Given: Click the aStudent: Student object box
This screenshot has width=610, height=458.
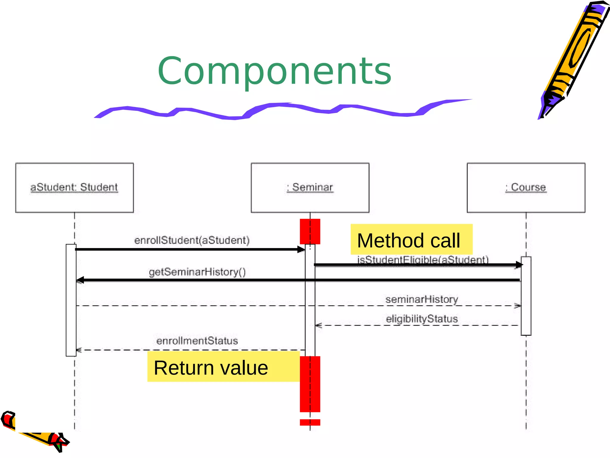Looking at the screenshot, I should (x=74, y=188).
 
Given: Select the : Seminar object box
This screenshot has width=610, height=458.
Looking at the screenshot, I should (x=310, y=188).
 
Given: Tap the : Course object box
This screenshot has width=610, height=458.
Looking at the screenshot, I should (x=526, y=188).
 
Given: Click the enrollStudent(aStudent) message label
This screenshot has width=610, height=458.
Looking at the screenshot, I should (x=192, y=240).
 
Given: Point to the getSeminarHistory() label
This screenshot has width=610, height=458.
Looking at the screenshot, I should (x=197, y=272).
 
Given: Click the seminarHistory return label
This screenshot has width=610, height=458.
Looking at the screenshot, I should (x=421, y=299).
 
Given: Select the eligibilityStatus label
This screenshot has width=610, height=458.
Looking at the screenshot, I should (x=421, y=319).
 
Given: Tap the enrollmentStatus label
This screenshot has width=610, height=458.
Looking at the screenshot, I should (x=197, y=341).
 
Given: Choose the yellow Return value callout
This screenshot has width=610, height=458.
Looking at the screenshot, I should (x=223, y=367).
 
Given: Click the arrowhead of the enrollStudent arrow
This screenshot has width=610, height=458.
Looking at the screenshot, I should (x=301, y=249).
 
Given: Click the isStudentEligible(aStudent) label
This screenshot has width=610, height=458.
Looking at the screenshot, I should (x=423, y=259).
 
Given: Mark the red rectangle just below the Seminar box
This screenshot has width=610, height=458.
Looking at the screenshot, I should (x=310, y=231).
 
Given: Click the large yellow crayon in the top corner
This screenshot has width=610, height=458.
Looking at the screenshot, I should (x=575, y=57).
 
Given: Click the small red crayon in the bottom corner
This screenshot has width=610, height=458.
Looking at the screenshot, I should (x=33, y=432).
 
